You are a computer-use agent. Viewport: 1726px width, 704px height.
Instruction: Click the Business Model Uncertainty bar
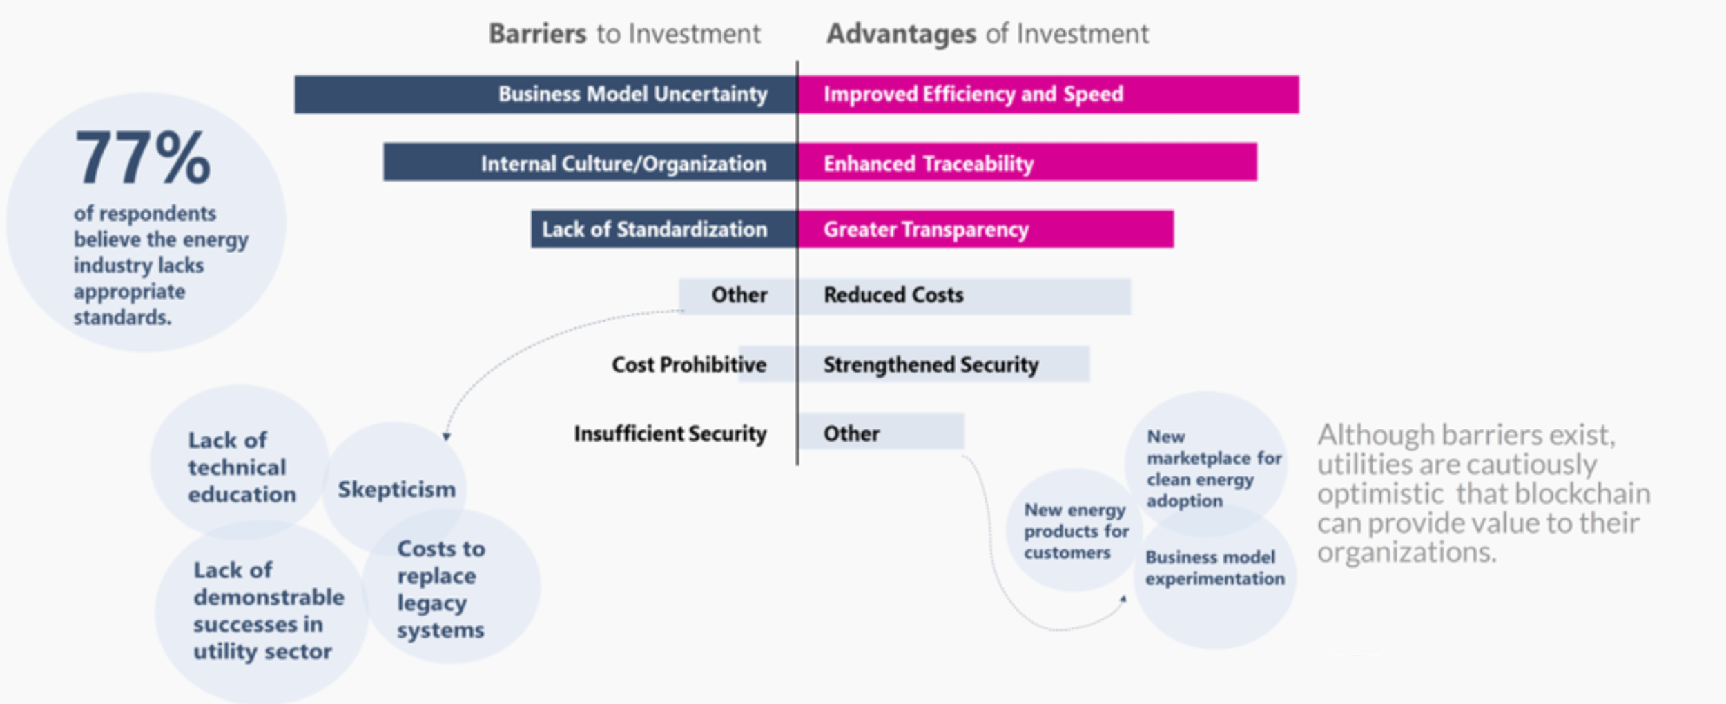coord(545,95)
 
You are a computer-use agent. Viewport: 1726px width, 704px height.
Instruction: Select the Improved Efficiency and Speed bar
coord(1048,95)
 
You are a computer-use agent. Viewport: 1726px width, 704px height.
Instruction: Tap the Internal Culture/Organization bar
coord(590,163)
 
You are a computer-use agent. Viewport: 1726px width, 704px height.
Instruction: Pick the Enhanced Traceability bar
coord(1027,163)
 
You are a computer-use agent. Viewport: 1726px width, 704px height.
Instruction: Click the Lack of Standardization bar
coord(663,229)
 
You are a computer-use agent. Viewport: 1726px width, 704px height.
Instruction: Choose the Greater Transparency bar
coord(985,229)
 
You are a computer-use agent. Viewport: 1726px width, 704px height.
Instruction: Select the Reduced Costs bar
coord(964,296)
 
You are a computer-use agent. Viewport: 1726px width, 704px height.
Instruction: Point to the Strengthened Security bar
coord(943,364)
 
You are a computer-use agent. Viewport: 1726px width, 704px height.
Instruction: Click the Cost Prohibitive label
coord(688,364)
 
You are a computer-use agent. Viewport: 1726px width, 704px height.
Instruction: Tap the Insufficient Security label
coord(670,433)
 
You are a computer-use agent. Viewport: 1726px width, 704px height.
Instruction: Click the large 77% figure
coord(142,159)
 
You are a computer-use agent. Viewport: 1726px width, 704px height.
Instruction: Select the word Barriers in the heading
coord(537,34)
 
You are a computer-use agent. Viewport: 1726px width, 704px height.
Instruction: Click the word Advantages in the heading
coord(901,34)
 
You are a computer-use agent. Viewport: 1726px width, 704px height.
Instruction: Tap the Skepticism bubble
coord(396,489)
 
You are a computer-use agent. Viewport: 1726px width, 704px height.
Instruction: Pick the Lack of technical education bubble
coord(240,467)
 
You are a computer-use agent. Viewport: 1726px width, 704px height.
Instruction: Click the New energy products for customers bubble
coord(1074,531)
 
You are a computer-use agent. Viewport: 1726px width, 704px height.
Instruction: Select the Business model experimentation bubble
coord(1214,568)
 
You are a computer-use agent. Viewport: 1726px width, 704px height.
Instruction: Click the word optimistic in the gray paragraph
coord(1379,494)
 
